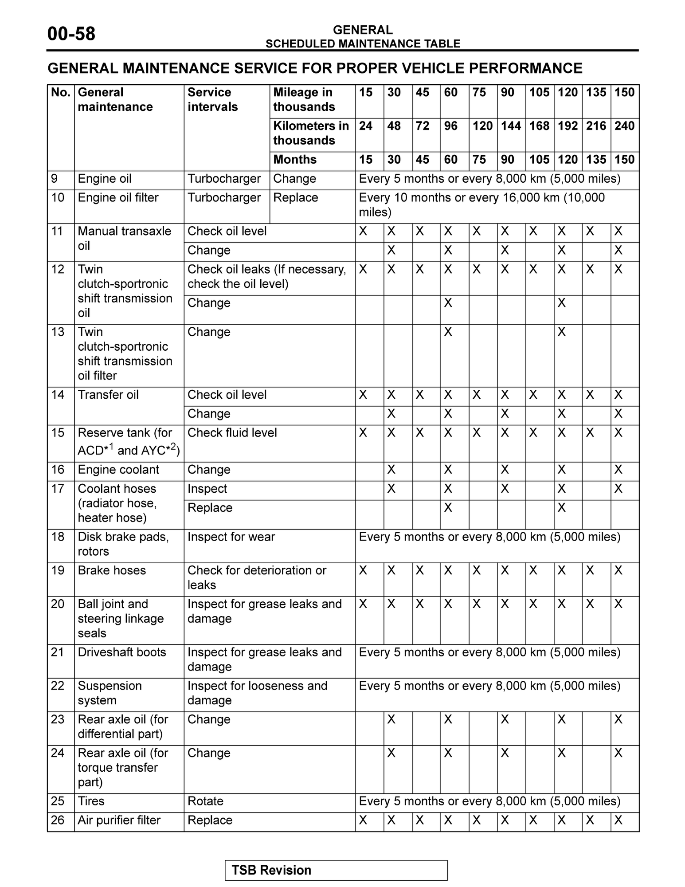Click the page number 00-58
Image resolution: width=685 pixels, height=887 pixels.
tap(71, 34)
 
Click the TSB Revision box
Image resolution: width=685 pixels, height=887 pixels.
tap(336, 870)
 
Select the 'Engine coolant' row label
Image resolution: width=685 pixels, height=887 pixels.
tap(118, 470)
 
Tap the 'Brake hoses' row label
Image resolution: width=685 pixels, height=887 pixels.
tap(112, 570)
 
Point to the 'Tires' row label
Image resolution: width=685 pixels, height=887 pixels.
tap(91, 801)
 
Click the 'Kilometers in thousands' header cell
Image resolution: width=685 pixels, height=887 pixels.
tap(311, 133)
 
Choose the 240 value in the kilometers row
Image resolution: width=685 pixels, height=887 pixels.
tap(624, 126)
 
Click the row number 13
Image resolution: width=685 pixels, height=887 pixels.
tap(58, 332)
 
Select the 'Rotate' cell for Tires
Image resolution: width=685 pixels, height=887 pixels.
tap(205, 801)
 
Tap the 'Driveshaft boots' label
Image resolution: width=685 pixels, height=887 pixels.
tap(122, 652)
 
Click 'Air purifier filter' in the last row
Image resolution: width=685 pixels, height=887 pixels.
tap(119, 820)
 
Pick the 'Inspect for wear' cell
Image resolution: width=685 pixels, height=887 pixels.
tap(231, 537)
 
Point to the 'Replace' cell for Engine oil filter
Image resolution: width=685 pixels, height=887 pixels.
tap(295, 198)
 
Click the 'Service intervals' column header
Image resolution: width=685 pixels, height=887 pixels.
tap(212, 99)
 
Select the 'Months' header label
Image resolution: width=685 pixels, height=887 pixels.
tap(295, 160)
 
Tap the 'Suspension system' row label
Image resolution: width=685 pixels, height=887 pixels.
tap(110, 693)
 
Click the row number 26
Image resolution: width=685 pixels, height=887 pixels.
tap(58, 820)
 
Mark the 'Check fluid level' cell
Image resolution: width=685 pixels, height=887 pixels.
tap(232, 433)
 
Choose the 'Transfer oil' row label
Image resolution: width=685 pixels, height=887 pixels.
tap(108, 395)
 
